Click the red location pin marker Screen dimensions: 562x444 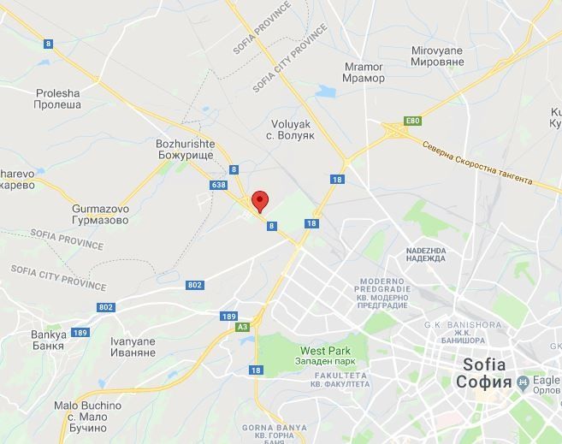(260, 200)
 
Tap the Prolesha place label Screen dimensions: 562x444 (58, 98)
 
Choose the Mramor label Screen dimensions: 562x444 (364, 73)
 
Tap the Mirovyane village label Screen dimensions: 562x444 (436, 56)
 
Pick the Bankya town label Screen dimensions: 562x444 (48, 340)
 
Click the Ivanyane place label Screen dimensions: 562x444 (133, 346)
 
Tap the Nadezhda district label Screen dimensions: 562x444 (426, 254)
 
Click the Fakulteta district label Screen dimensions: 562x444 (341, 380)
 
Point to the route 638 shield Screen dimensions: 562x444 (218, 185)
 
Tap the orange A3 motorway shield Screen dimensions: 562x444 (242, 327)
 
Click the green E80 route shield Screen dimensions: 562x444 (414, 121)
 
